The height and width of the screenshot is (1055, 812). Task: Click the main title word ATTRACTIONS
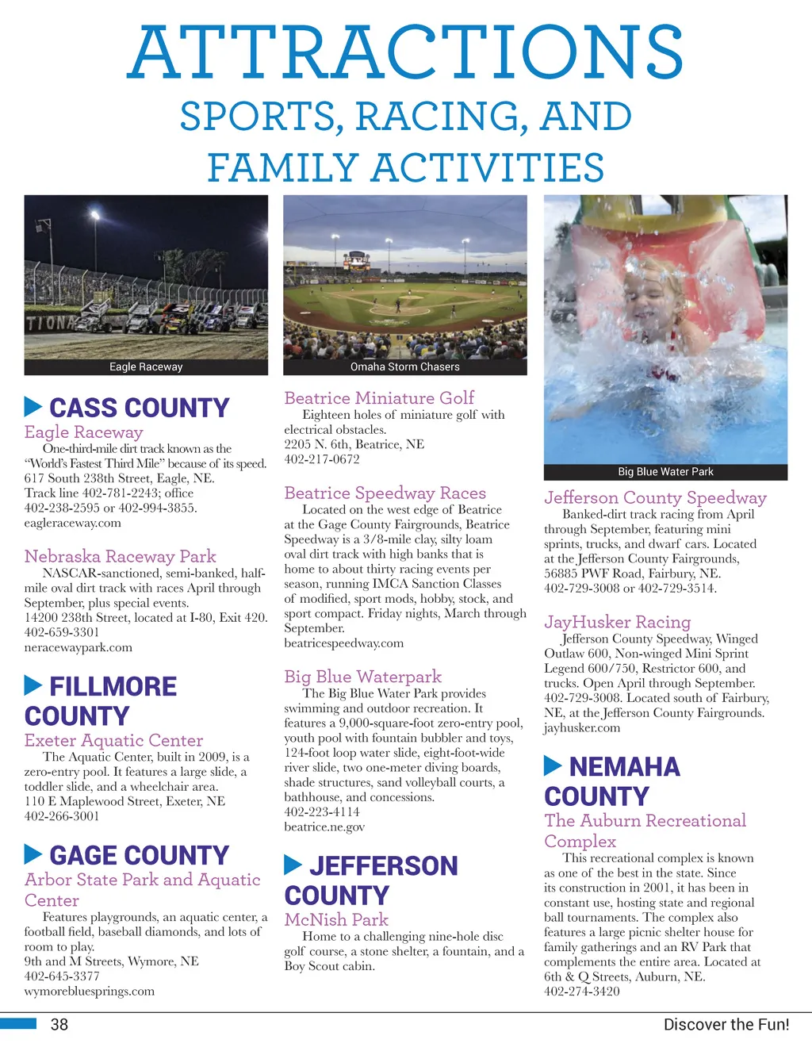point(405,52)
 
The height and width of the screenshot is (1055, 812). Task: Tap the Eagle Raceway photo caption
point(146,366)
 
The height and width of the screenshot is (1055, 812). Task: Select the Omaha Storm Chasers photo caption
point(405,366)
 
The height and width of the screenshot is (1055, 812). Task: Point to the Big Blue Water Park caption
point(665,471)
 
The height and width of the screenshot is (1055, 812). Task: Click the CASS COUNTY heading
point(139,408)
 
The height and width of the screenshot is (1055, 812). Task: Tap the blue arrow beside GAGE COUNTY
point(33,854)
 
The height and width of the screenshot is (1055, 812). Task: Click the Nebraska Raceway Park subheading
point(120,556)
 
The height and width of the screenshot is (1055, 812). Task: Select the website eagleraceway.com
point(73,523)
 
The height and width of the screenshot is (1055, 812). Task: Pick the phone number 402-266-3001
point(62,815)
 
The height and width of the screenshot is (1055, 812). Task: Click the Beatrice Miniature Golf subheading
point(379,397)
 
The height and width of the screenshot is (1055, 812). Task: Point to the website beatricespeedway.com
point(343,643)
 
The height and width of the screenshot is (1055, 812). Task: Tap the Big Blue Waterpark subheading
point(362,677)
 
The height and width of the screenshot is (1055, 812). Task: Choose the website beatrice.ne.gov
point(324,827)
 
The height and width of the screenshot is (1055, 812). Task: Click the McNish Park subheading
point(336,919)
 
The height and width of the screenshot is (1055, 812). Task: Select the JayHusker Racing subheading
point(617,622)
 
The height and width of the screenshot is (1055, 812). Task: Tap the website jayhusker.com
point(582,727)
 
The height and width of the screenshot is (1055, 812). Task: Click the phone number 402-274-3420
point(582,991)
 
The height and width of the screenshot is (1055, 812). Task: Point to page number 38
point(59,1024)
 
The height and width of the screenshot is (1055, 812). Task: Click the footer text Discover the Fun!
point(726,1024)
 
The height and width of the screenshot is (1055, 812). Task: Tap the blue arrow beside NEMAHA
point(553,765)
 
